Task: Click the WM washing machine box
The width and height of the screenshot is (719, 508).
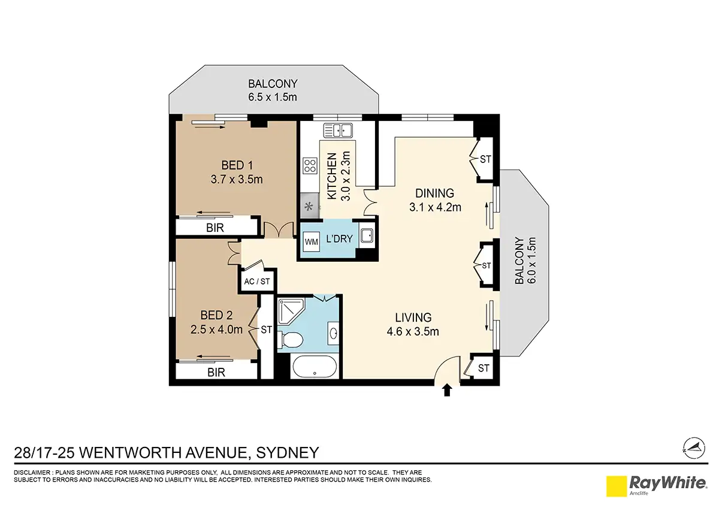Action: [x=311, y=241]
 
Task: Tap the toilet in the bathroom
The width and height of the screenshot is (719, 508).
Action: [x=290, y=340]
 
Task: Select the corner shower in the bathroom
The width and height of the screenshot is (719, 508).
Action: [x=291, y=312]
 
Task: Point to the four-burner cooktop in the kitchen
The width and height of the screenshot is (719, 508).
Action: [x=310, y=166]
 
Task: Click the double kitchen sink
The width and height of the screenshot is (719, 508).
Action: [x=338, y=131]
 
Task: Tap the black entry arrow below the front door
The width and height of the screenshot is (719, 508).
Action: [x=447, y=391]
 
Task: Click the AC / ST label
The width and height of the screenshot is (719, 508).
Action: [x=257, y=282]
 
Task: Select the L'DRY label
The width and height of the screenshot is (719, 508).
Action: [x=339, y=239]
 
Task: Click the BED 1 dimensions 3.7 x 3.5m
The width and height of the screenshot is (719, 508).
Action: [x=237, y=179]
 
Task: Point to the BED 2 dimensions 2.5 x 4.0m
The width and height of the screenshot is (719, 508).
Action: [x=216, y=329]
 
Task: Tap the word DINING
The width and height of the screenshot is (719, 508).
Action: [x=434, y=193]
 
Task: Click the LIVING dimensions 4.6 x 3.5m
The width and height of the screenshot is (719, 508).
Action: [x=413, y=331]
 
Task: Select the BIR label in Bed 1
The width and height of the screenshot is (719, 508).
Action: [x=215, y=228]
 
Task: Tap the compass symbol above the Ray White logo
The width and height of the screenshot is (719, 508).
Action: [x=694, y=448]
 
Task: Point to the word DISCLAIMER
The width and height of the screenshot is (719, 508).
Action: [x=32, y=473]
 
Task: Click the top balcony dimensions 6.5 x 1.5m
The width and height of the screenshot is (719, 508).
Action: [x=273, y=97]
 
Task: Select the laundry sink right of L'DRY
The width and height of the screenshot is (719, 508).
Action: [x=366, y=236]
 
